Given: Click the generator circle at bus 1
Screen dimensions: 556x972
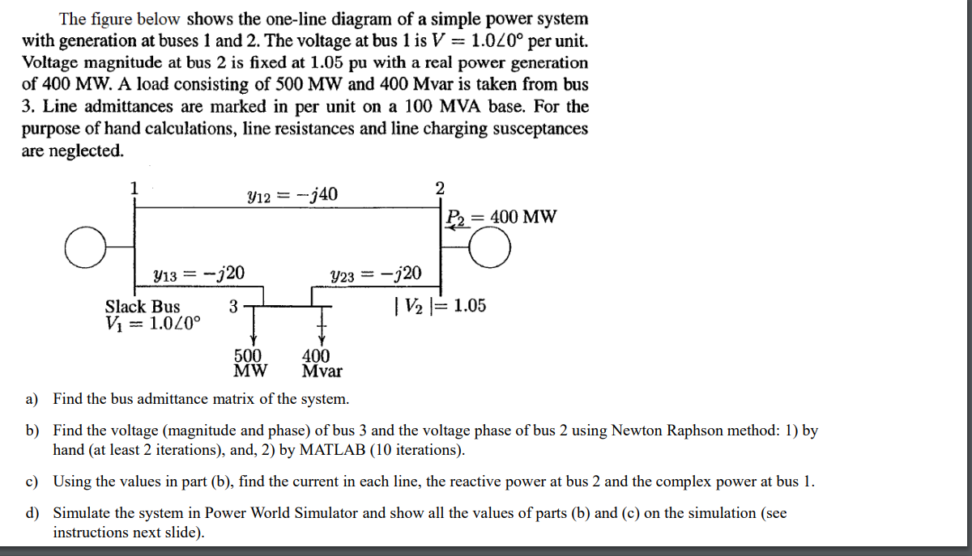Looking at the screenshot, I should click(x=85, y=248).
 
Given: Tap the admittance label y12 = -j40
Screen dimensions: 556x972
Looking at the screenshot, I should click(x=292, y=194).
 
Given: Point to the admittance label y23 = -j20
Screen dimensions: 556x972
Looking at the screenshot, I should click(x=376, y=274).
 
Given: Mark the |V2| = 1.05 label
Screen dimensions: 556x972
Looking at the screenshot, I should click(x=439, y=306).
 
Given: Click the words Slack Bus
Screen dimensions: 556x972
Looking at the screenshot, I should click(x=143, y=307).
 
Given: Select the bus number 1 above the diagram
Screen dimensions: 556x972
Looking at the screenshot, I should click(x=135, y=188).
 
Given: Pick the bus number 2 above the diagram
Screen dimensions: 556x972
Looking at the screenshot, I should click(x=440, y=188).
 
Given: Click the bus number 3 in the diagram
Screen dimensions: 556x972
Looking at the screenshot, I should click(x=233, y=307).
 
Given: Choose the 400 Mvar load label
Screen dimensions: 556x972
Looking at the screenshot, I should click(x=321, y=363).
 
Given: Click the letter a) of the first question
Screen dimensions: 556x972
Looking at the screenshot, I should click(x=32, y=399).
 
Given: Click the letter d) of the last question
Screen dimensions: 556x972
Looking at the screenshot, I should click(x=32, y=513).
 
